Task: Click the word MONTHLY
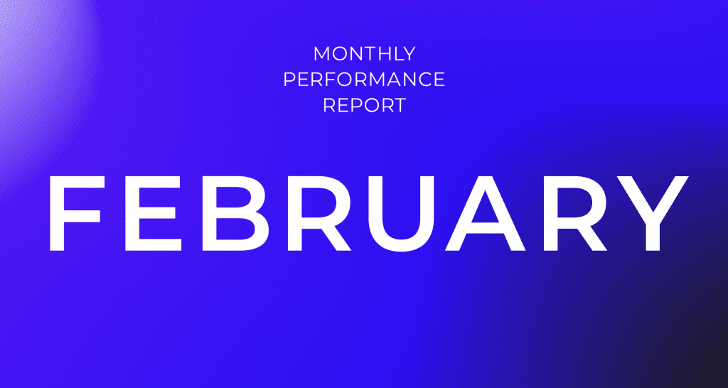pyautogui.click(x=364, y=54)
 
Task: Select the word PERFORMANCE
pyautogui.click(x=364, y=80)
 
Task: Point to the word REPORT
pyautogui.click(x=364, y=105)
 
